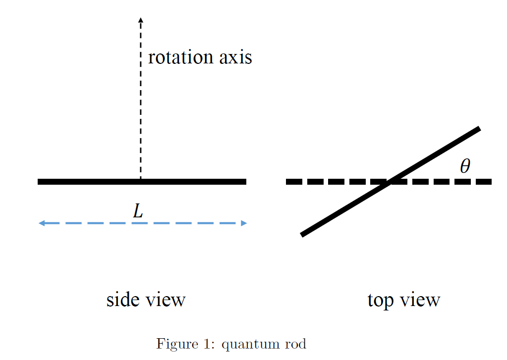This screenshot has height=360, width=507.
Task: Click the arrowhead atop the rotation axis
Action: pos(141,20)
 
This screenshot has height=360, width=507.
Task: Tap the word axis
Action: pos(235,57)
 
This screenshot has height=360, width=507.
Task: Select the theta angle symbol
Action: pos(464,166)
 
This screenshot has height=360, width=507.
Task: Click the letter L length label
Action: pos(138,212)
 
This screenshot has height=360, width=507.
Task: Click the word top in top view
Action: pos(380,300)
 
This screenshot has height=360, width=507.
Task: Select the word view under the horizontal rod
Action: pos(166,300)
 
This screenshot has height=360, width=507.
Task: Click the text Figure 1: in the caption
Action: pos(185,344)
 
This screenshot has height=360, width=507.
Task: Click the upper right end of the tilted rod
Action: pos(478,129)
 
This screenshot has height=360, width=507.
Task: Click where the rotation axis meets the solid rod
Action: pos(141,181)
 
